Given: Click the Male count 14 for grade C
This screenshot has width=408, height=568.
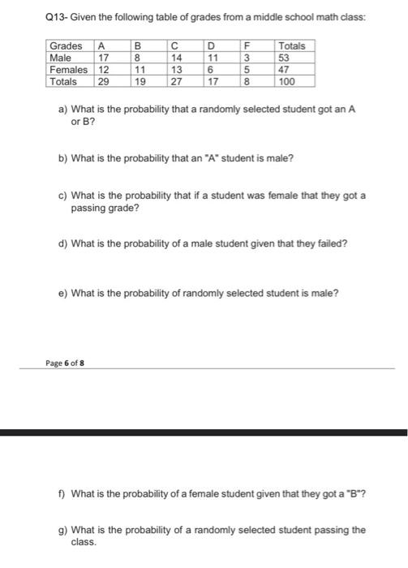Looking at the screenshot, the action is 176,58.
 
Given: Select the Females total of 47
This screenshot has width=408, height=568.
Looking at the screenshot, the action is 285,70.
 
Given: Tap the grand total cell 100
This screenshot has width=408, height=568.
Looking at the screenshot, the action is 288,81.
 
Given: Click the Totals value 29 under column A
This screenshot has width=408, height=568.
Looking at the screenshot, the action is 105,81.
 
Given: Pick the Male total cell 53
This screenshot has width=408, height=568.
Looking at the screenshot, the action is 285,58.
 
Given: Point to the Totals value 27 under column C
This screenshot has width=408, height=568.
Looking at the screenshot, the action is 176,81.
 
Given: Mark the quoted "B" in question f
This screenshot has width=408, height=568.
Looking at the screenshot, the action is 355,493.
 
